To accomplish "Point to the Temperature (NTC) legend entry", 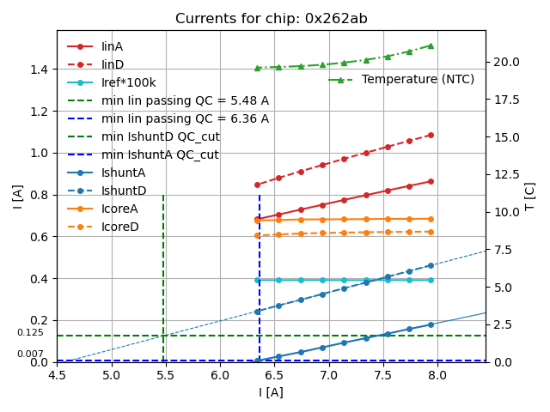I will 418,79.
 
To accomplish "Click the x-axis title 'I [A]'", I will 271,392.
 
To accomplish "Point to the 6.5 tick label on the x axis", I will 274,374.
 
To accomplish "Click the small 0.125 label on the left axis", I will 30,332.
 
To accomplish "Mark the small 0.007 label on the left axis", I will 30,354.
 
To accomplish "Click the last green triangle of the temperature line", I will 431,45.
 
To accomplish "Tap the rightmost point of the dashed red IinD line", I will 431,135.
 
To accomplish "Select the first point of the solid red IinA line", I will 257,218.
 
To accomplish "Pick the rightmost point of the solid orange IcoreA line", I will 431,219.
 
